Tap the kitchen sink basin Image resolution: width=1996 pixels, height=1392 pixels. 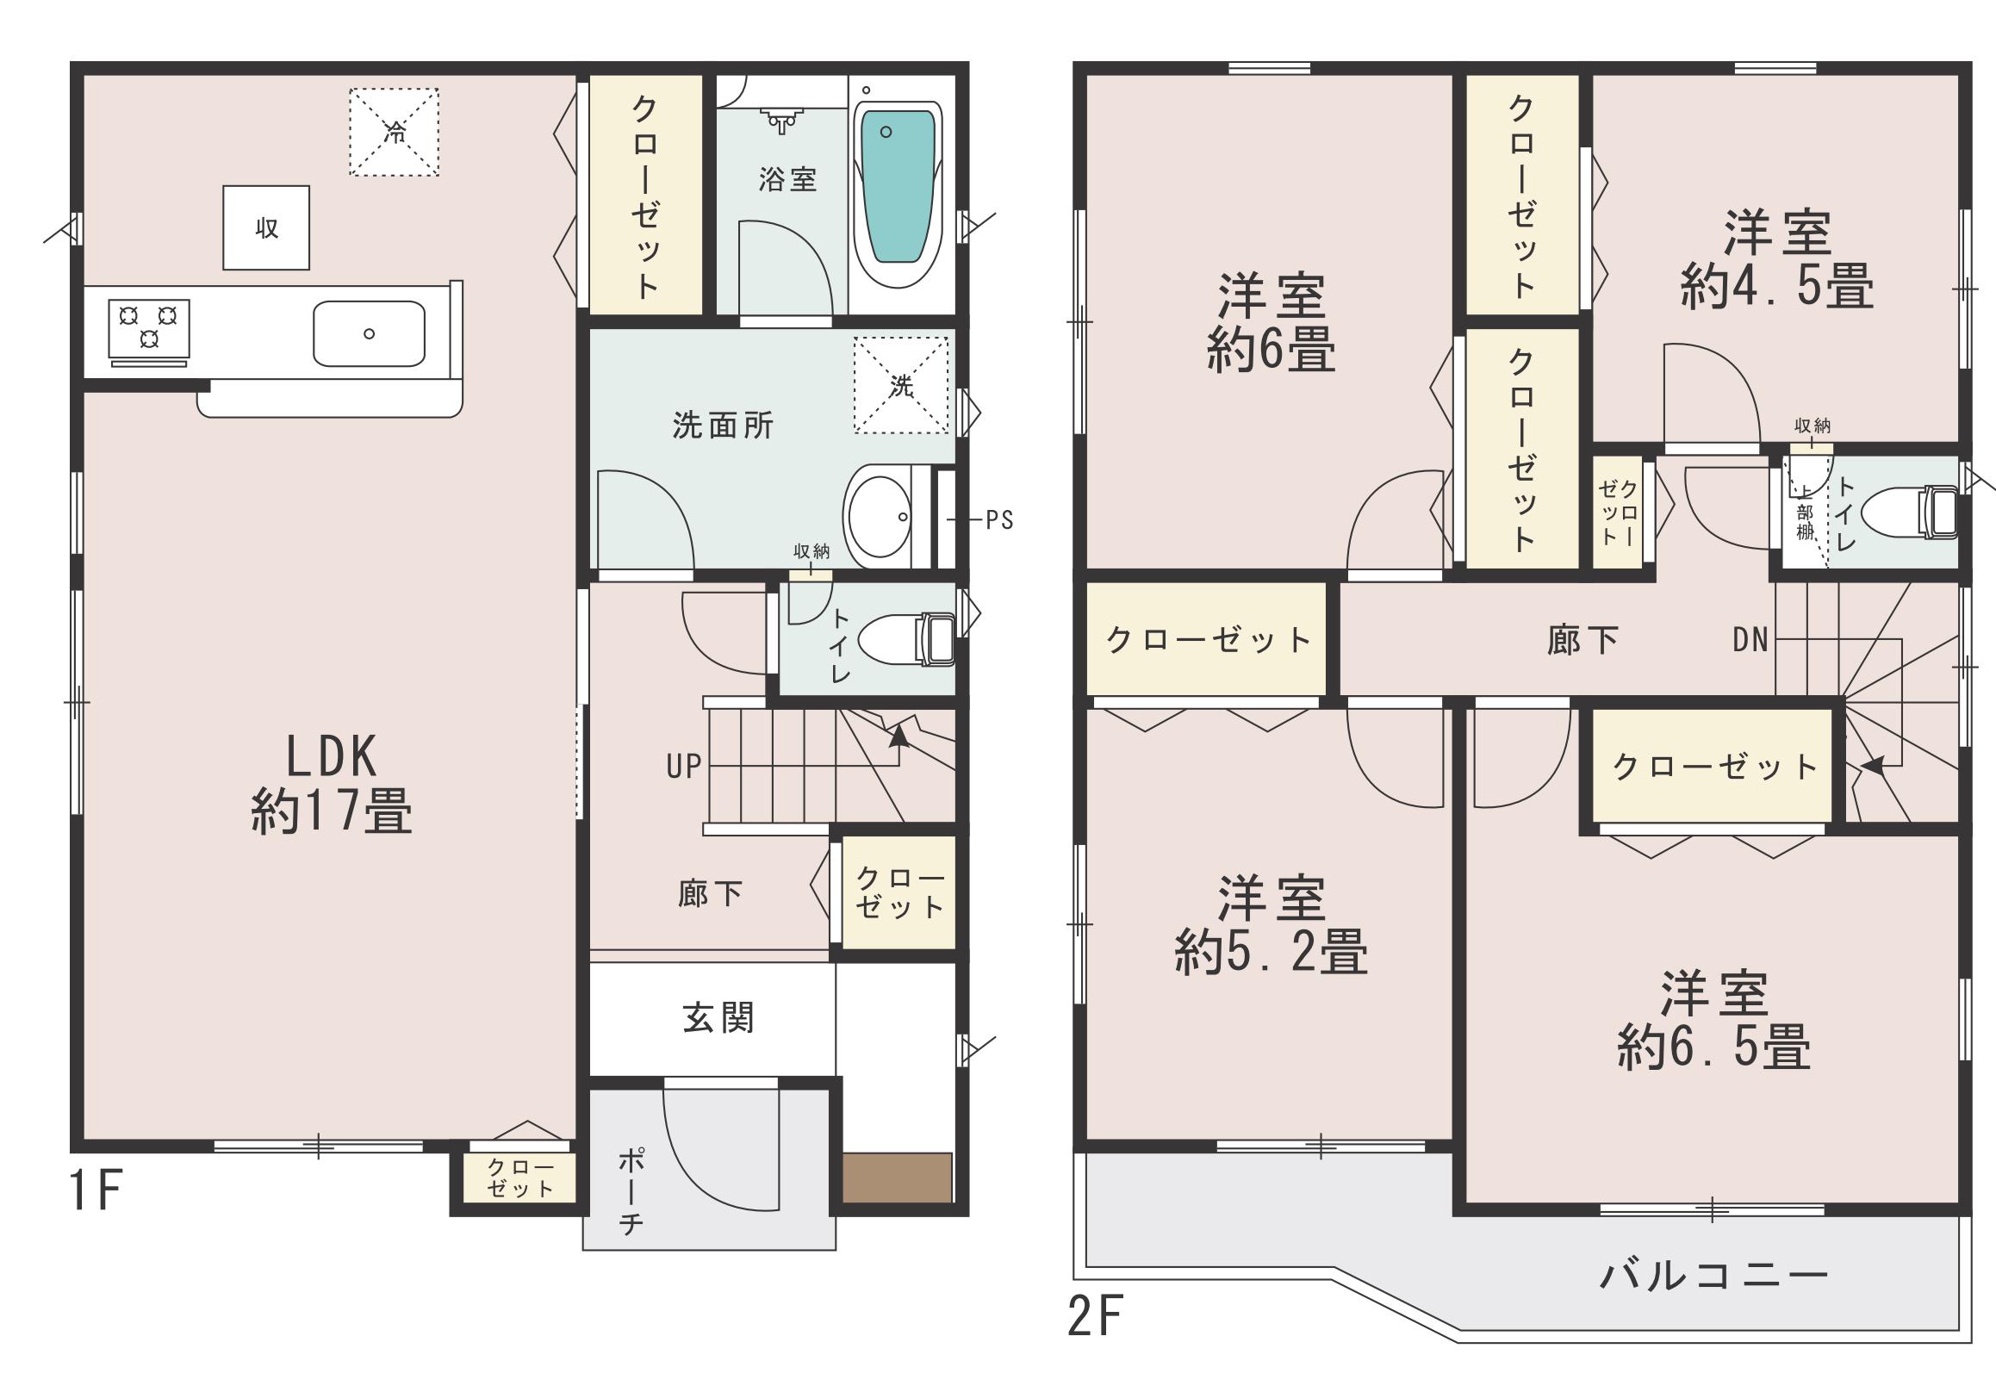(x=370, y=334)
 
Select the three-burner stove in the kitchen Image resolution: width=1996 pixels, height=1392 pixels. (x=149, y=328)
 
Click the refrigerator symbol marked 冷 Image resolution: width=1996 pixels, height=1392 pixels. (x=394, y=132)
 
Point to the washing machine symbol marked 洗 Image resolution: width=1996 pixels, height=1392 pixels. (x=901, y=384)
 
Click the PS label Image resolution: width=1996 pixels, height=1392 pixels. (x=999, y=520)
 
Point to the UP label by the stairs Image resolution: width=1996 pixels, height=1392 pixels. (x=683, y=766)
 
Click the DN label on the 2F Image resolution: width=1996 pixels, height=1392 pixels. (x=1750, y=640)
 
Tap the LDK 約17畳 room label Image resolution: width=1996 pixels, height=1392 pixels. (x=331, y=783)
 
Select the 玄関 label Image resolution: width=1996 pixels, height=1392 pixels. (x=718, y=1017)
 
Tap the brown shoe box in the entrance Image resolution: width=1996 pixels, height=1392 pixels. (x=897, y=1178)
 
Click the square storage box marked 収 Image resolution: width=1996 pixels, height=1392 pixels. (x=266, y=227)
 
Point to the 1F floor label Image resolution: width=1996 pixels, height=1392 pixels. (x=95, y=1191)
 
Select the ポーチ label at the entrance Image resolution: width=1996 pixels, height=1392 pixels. (x=631, y=1191)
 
